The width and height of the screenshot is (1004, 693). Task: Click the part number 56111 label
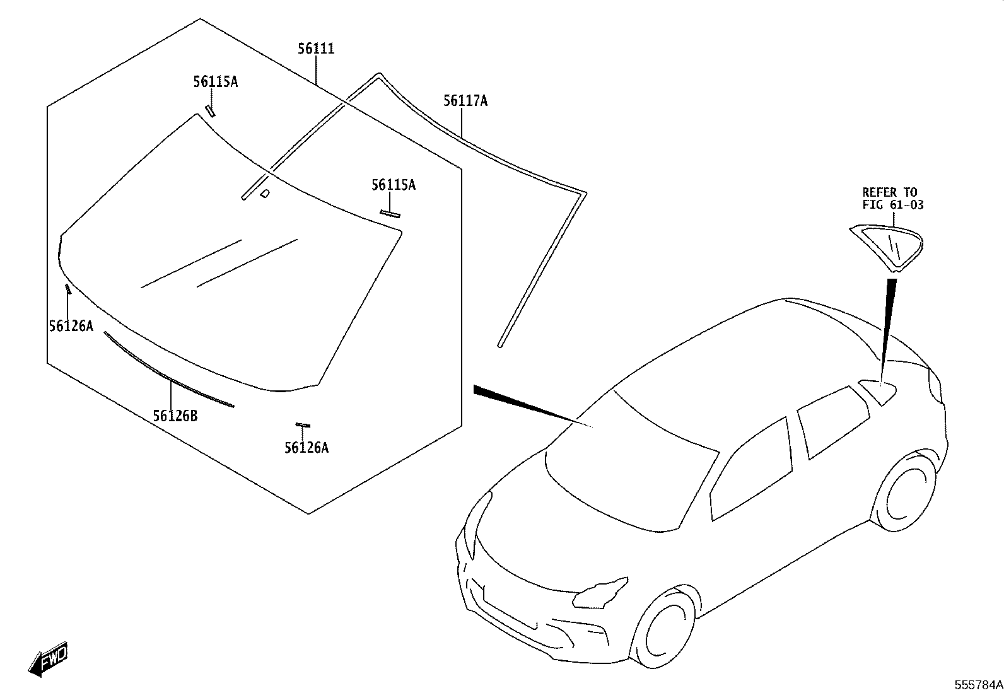(x=317, y=49)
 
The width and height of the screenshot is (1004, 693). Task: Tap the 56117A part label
(x=465, y=101)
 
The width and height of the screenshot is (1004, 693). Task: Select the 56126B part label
(x=175, y=416)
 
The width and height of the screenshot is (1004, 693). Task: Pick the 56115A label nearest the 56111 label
(x=216, y=81)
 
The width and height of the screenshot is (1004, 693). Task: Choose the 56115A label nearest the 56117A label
(x=394, y=185)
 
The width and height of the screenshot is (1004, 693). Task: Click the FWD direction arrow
(x=48, y=659)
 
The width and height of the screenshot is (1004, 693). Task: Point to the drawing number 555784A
(x=979, y=685)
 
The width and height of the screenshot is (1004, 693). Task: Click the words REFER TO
(x=890, y=192)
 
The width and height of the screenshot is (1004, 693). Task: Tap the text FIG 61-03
(x=893, y=205)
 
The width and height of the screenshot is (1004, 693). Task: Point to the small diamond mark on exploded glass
(x=266, y=193)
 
